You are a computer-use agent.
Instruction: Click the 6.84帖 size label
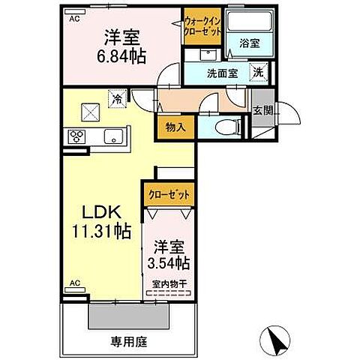point(121,55)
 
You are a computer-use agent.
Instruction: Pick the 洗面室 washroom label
point(222,74)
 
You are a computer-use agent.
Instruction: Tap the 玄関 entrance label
point(263,110)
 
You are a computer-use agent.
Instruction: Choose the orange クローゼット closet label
point(169,194)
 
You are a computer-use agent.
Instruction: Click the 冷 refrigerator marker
point(117,97)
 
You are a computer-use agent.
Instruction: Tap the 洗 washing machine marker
point(257,73)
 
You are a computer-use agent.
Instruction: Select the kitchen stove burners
point(78,136)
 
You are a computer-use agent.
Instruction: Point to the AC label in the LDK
point(74,282)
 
